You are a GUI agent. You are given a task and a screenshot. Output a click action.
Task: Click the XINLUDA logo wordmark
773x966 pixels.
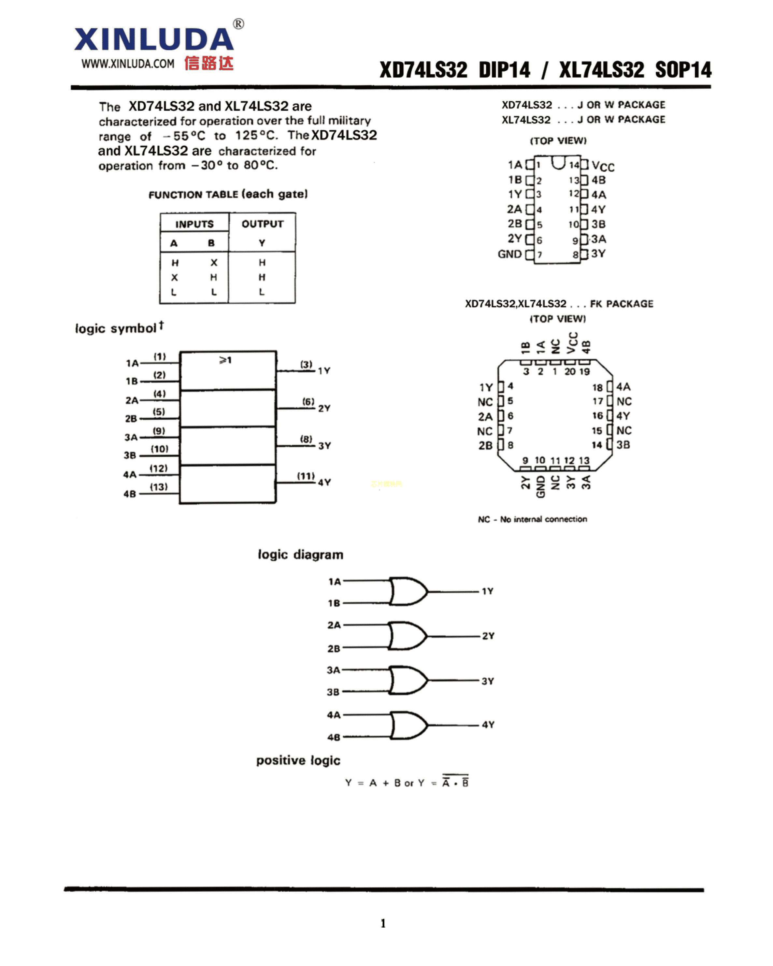tap(154, 39)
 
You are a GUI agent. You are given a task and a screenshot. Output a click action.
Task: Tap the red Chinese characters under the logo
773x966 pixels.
tap(209, 63)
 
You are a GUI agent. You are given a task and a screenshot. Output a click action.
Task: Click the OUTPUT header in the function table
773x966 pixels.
tap(263, 224)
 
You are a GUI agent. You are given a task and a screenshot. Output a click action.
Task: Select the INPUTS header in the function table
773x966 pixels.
tap(194, 224)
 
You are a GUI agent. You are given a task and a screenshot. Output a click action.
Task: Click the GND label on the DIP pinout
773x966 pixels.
tap(510, 254)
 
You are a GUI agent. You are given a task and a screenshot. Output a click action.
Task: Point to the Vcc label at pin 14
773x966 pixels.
tap(603, 166)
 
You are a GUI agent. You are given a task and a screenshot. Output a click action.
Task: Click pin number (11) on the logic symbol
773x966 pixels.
tap(306, 476)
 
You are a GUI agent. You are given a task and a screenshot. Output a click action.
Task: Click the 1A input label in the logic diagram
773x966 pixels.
tap(335, 582)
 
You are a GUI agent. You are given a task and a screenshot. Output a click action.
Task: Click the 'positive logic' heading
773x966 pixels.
tap(298, 760)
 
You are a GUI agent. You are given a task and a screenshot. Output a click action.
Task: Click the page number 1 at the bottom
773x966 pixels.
tap(383, 923)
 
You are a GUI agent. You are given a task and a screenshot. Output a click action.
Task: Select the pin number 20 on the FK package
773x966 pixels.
tap(570, 371)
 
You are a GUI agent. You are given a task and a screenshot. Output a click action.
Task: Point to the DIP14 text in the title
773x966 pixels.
tap(504, 70)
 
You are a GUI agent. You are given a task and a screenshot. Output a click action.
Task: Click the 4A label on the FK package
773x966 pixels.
tap(623, 387)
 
